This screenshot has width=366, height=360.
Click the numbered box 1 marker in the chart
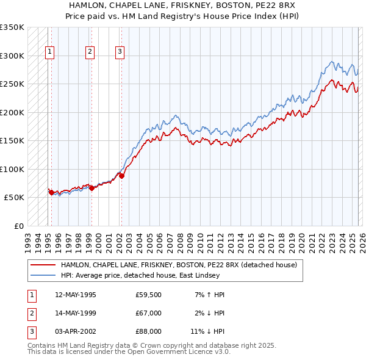49,52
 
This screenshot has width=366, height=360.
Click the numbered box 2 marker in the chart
90,52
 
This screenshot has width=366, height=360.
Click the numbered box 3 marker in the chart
120,52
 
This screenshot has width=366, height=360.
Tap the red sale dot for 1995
51,192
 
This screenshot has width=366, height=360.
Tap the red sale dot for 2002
121,176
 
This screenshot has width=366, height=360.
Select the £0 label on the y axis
18,226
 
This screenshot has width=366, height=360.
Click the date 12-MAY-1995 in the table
75,295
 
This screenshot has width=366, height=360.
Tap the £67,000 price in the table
148,313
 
